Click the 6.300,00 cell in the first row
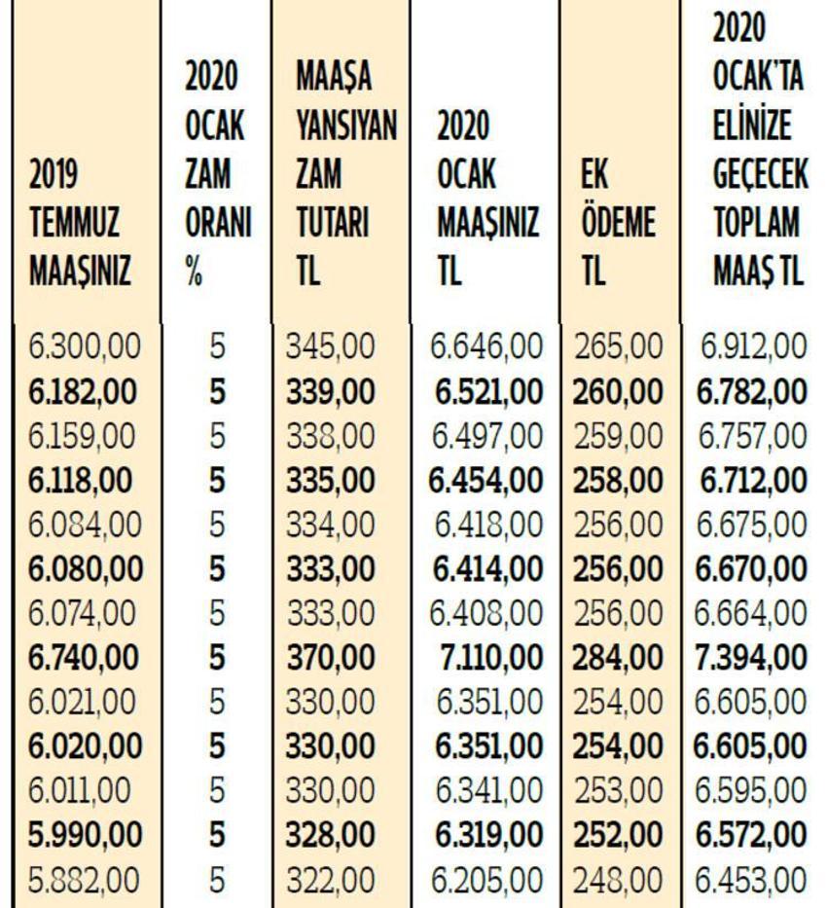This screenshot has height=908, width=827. (85, 346)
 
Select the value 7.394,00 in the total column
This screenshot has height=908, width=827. (750, 658)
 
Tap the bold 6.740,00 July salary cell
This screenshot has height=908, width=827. (84, 658)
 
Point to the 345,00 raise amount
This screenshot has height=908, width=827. (331, 346)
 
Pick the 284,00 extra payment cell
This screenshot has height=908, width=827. (618, 658)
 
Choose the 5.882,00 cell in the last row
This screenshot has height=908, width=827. (84, 880)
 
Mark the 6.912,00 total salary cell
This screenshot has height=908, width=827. (753, 346)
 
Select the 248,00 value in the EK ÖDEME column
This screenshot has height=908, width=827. (618, 880)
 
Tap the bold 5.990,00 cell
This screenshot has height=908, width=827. (85, 835)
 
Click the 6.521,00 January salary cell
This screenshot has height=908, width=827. (489, 391)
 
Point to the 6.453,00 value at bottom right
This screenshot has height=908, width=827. (750, 880)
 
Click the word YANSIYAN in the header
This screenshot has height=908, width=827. (346, 126)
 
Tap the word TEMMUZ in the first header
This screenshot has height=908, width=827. (74, 222)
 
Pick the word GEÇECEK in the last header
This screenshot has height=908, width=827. (760, 173)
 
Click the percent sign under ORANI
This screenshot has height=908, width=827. (194, 272)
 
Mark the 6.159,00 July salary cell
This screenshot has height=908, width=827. (82, 435)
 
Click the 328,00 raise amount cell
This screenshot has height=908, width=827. (331, 835)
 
